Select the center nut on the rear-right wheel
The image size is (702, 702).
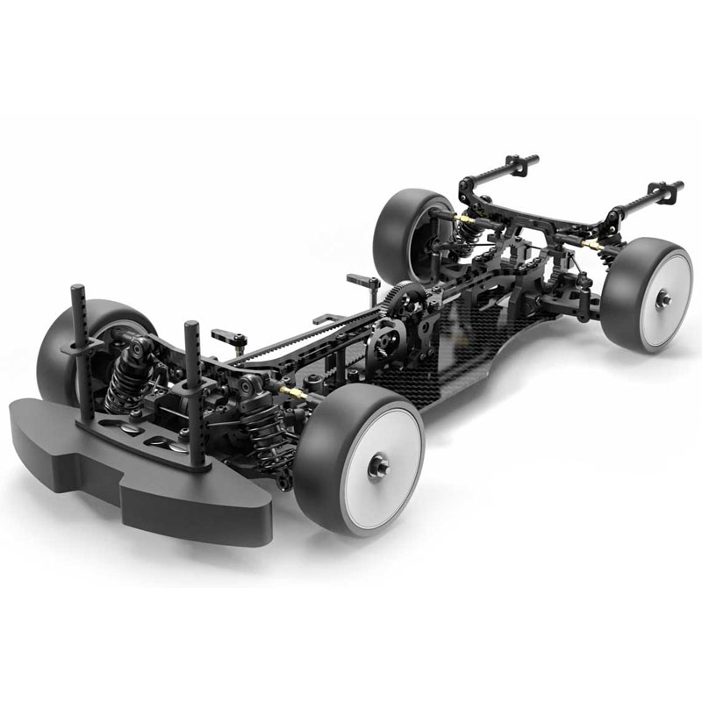coord(663,298)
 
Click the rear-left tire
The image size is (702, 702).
coord(395,233)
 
